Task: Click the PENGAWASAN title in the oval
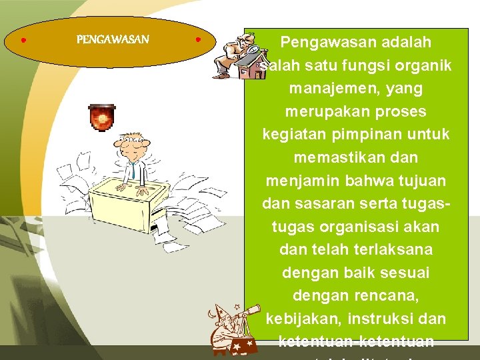click(x=113, y=40)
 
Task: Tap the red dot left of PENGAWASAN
click(x=23, y=41)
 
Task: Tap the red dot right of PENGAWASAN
click(x=199, y=40)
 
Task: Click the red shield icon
click(x=102, y=117)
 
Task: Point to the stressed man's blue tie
click(x=132, y=171)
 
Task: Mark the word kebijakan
click(x=301, y=319)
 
